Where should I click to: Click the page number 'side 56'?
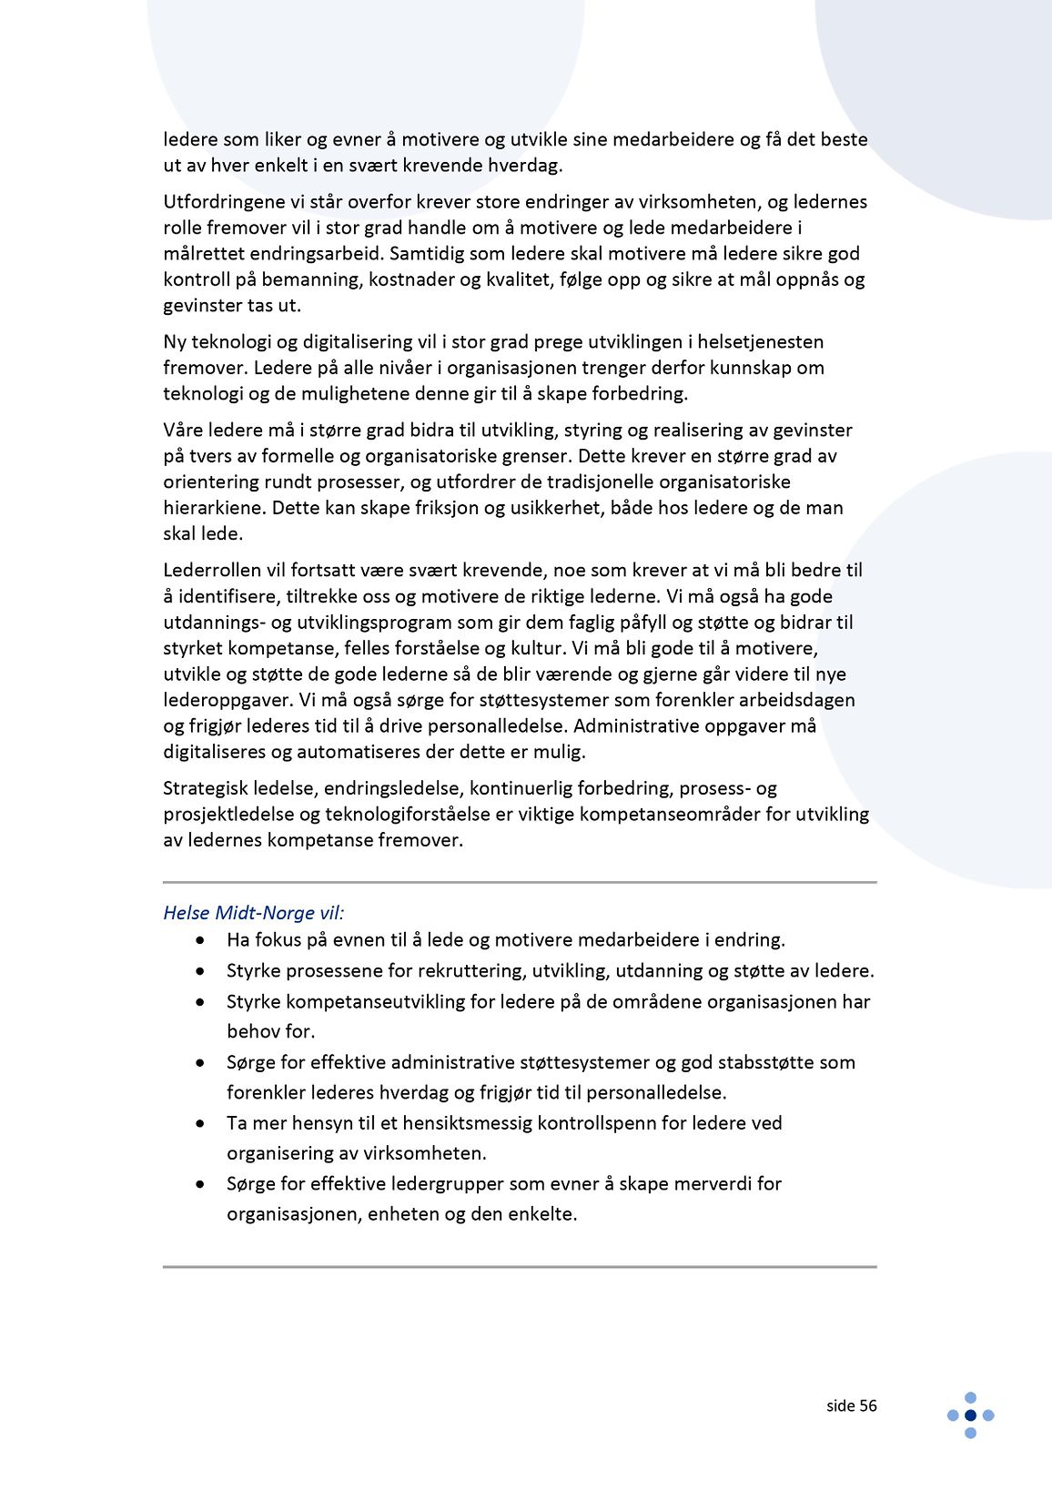coord(851,1405)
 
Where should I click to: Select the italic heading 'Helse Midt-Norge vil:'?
coord(254,912)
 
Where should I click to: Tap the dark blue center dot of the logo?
coord(970,1414)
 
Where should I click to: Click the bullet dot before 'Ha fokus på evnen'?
coord(199,940)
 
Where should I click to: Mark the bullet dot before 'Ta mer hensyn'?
coord(199,1123)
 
